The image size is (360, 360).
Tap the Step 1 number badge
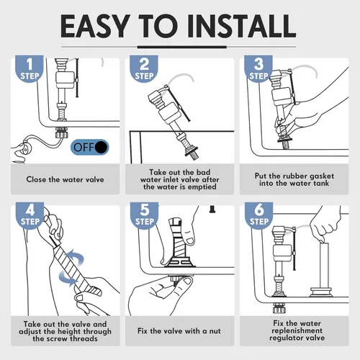(30, 69)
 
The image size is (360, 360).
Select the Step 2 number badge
(144, 69)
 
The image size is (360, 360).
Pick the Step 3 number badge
(258, 69)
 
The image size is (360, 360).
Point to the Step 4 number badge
(30, 215)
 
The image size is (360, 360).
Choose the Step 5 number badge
(144, 215)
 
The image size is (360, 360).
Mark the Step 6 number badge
(258, 215)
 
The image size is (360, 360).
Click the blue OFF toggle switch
(90, 147)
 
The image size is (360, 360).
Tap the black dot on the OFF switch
(101, 147)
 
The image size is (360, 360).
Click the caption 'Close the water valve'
(65, 179)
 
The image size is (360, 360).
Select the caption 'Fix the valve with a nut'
(179, 331)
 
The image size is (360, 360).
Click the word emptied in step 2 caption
(202, 186)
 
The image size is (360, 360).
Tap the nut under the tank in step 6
(279, 308)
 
